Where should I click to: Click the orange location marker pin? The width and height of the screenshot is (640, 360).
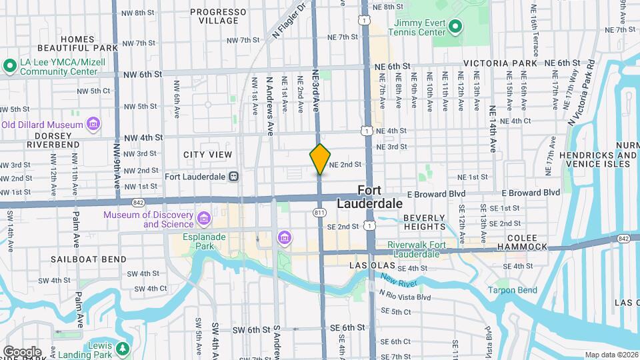[320, 159]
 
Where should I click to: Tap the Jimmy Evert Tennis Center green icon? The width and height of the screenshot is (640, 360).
[455, 27]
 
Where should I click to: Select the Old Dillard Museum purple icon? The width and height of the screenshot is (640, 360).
[93, 124]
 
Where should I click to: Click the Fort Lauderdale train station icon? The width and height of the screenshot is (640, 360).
[233, 177]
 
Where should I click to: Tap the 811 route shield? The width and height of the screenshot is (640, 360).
[320, 211]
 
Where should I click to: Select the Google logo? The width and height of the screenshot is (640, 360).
[22, 351]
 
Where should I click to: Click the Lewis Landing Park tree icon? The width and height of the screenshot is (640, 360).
[122, 349]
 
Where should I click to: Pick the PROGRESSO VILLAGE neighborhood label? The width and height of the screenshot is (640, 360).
[214, 16]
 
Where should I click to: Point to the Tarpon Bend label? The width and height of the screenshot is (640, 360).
[512, 290]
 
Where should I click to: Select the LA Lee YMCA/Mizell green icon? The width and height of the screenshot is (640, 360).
[9, 66]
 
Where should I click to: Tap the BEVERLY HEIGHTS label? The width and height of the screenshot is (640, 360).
[424, 223]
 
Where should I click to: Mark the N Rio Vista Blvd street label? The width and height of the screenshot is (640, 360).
[405, 297]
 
